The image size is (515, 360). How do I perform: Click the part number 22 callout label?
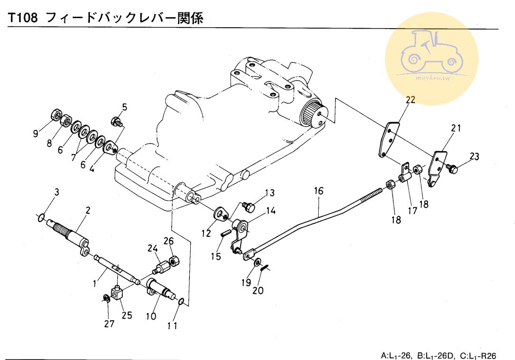(410, 99)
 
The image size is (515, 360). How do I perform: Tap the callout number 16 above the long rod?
(318, 191)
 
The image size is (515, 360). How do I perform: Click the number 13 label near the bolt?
(270, 193)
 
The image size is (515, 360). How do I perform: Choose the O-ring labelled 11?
(181, 301)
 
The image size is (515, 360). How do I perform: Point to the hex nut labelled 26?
(174, 261)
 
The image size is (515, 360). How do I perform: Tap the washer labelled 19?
(257, 263)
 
